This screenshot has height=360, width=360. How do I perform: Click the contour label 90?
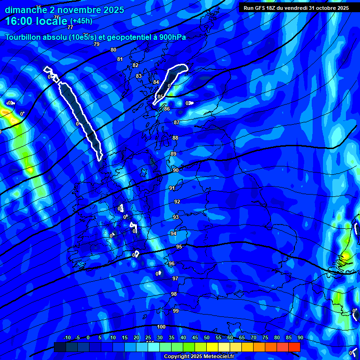pyautogui.click(x=175, y=170)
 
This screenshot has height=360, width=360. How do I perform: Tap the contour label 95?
pyautogui.click(x=179, y=247)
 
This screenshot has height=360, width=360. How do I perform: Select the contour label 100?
pyautogui.click(x=161, y=327)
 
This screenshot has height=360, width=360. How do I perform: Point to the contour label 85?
pyautogui.click(x=160, y=97)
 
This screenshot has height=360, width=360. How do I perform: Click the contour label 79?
pyautogui.click(x=97, y=44)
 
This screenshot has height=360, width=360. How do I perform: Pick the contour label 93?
pyautogui.click(x=176, y=217)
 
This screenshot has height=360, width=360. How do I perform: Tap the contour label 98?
pyautogui.click(x=174, y=294)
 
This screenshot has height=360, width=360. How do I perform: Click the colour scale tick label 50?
pyautogui.click(x=207, y=337)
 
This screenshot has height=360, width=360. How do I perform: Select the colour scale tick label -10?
pyautogui.click(x=67, y=337)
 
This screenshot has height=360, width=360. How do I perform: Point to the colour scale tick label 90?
pyautogui.click(x=300, y=337)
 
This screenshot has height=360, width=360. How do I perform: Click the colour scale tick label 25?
pyautogui.click(x=148, y=337)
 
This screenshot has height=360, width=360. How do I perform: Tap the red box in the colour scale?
pyautogui.click(x=294, y=346)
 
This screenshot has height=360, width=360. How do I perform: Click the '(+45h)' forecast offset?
pyautogui.click(x=81, y=21)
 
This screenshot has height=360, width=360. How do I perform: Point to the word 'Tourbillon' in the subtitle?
pyautogui.click(x=23, y=37)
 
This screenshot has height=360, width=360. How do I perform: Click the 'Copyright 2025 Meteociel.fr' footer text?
pyautogui.click(x=199, y=356)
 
